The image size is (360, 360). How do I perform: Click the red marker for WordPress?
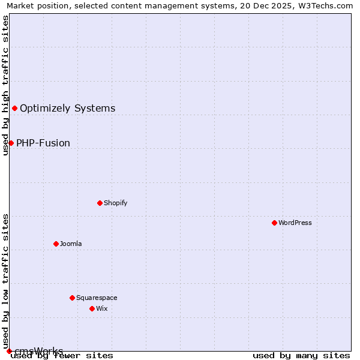274,223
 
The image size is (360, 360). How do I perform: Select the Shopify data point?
100,203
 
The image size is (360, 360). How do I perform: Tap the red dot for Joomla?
56,244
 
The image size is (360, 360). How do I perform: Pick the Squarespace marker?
72,298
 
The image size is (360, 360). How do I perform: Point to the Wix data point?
92,308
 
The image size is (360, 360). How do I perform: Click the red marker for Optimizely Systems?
14,108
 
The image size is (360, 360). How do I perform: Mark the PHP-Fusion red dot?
11,143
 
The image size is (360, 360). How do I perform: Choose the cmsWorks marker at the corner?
9,351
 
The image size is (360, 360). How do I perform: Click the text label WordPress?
295,223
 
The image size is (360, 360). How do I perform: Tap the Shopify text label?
116,203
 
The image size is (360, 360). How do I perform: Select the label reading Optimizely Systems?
68,109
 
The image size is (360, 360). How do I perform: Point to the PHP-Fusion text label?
43,143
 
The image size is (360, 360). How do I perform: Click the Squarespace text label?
97,298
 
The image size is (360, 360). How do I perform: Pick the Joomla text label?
71,244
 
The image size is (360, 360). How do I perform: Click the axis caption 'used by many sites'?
301,356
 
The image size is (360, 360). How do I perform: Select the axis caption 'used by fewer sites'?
62,356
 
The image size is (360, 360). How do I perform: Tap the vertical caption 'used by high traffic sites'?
5,85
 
